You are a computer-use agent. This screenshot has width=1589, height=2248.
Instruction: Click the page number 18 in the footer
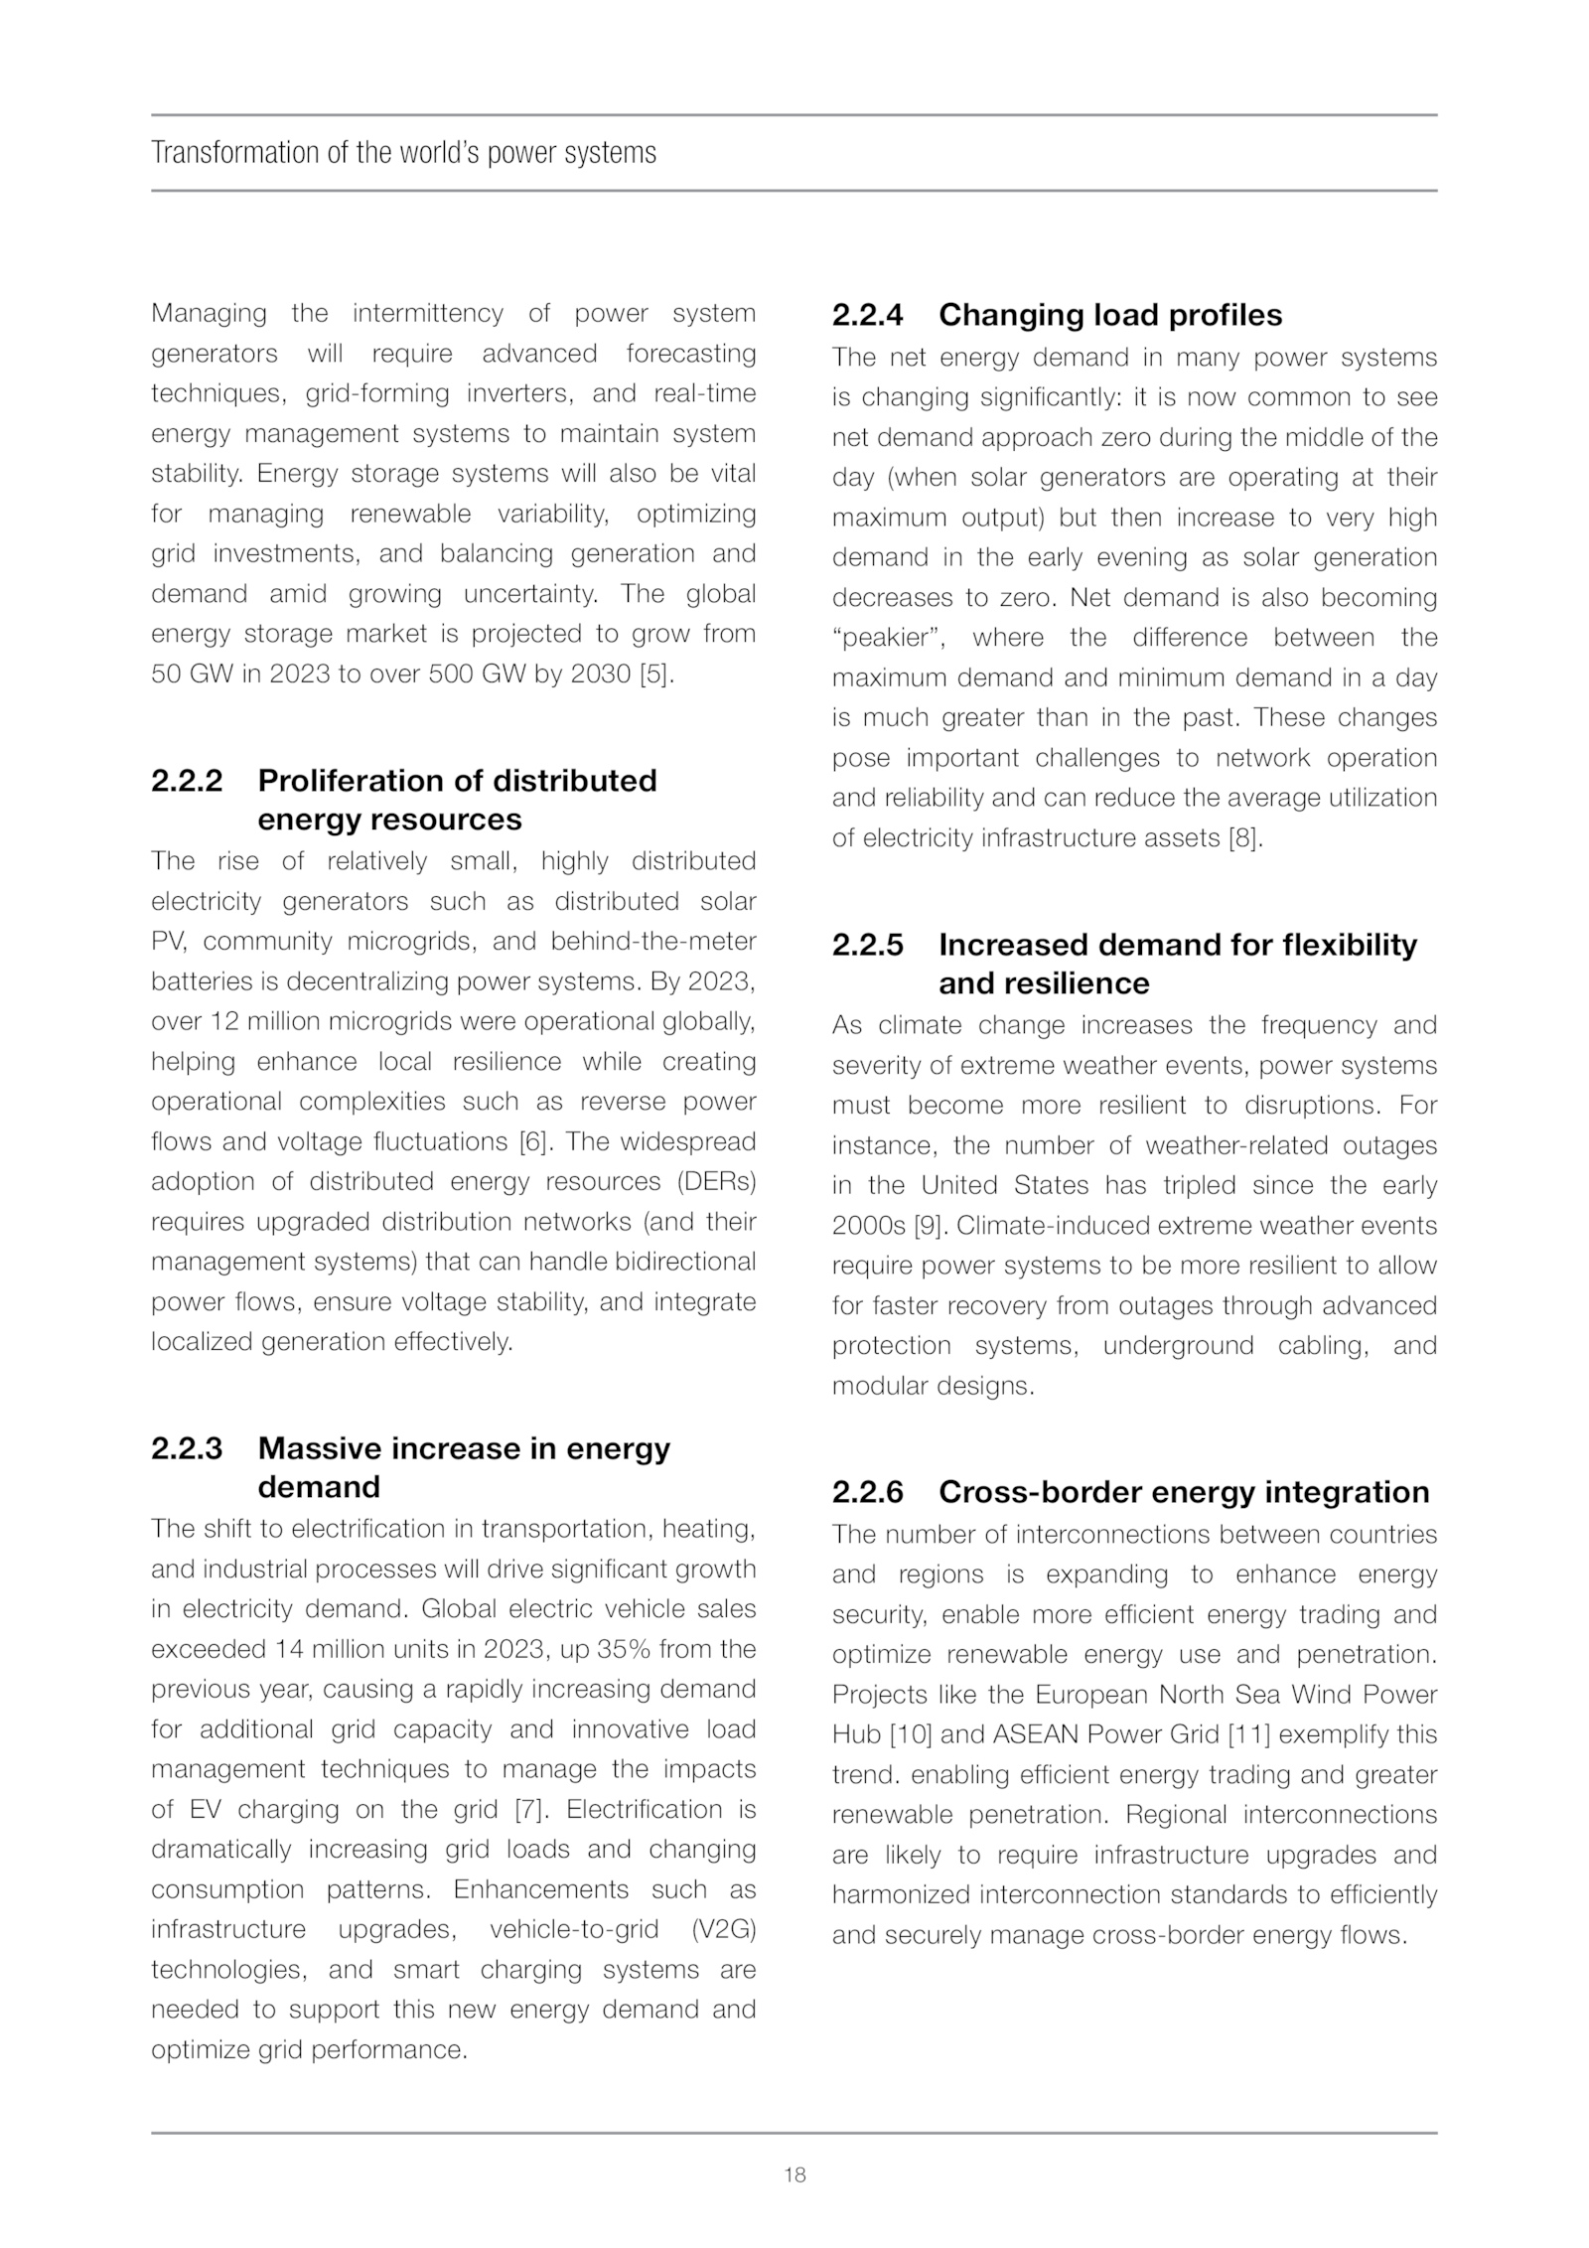[794, 2174]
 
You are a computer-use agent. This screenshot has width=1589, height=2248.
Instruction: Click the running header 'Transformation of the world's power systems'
[403, 153]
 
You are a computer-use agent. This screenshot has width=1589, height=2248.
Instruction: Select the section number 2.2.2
[187, 781]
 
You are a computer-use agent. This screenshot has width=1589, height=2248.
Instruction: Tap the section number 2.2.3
[187, 1448]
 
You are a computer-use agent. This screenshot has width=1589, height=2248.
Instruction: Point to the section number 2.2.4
[868, 315]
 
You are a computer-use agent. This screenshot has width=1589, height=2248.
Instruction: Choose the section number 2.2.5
[868, 945]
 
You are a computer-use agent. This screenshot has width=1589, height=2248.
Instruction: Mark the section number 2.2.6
[868, 1492]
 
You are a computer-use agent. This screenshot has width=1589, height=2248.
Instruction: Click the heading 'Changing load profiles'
[1110, 315]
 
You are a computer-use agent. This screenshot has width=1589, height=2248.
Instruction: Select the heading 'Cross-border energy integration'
[1184, 1492]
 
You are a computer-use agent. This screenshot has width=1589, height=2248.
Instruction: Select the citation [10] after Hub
[909, 1734]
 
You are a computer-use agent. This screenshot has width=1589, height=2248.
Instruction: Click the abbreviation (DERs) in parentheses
[717, 1182]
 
